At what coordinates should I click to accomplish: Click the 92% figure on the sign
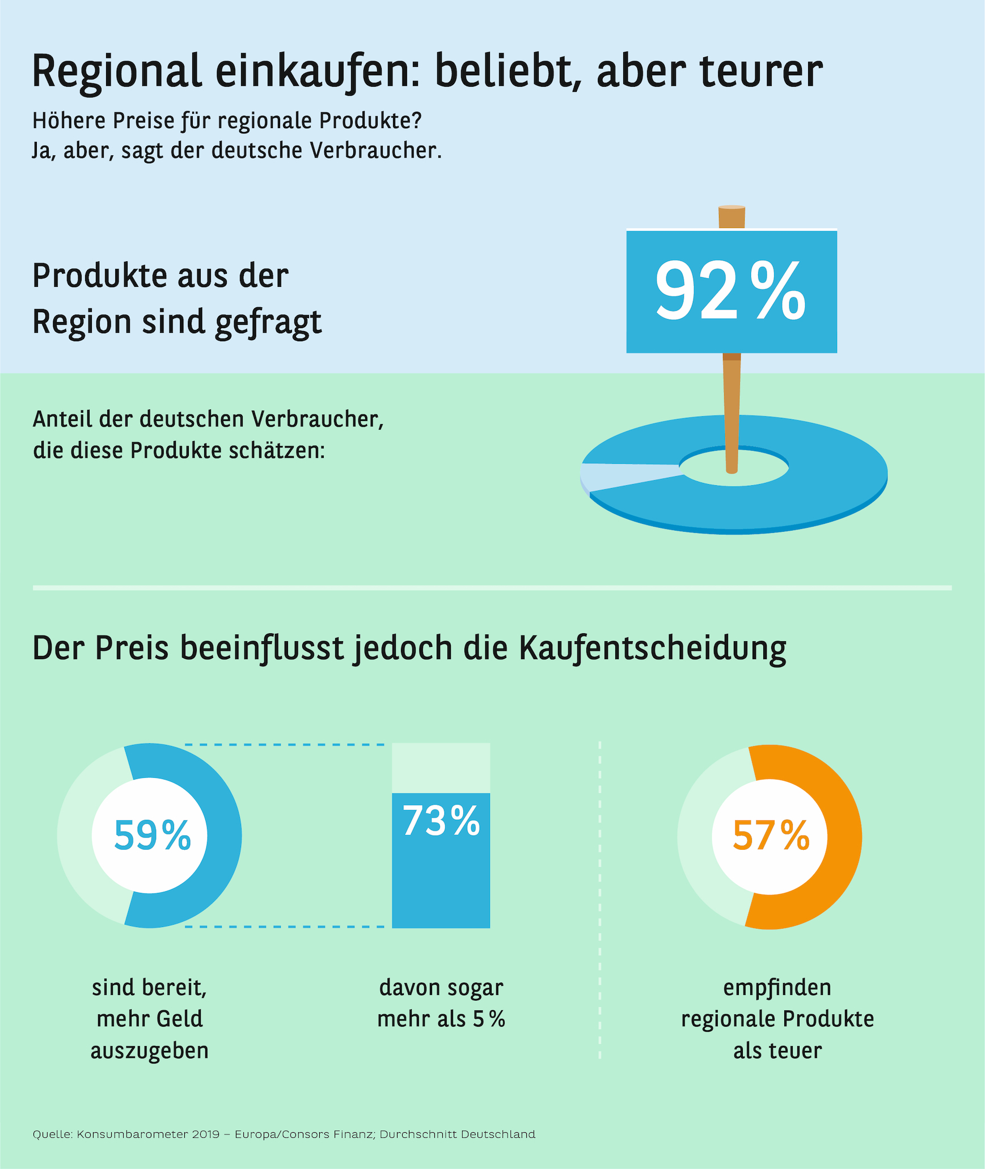pos(730,290)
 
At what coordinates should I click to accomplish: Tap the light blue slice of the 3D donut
pos(624,475)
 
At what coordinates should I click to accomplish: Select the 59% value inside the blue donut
pos(152,836)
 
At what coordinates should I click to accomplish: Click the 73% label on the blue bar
pos(441,821)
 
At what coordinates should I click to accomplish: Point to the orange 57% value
pos(771,836)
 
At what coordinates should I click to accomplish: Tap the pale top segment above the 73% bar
pos(441,768)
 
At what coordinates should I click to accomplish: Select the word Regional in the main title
pos(116,72)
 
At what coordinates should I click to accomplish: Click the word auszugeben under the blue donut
pos(150,1051)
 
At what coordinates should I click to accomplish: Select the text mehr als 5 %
pos(441,1019)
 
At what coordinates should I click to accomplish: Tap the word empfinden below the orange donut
pos(777,988)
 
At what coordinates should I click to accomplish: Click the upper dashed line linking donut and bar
pos(284,744)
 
